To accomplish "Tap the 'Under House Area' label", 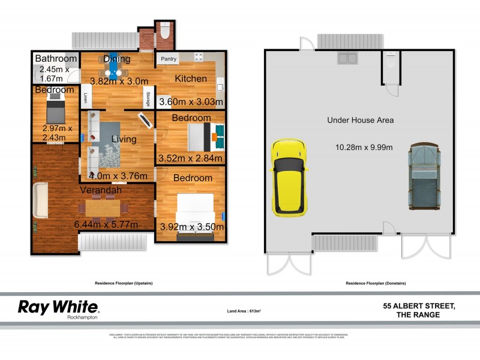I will tap(360, 120).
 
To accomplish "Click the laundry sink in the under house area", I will tap(346, 58).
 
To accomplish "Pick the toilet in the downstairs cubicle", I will tap(391, 61).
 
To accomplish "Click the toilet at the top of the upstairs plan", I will tap(165, 31).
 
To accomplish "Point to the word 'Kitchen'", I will tap(191, 79).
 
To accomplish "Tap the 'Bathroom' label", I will tap(56, 59).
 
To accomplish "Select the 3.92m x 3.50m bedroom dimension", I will tap(190, 227).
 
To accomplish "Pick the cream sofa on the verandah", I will tap(40, 201).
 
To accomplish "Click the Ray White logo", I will tap(58, 308).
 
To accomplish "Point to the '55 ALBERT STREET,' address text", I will tap(419, 306).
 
